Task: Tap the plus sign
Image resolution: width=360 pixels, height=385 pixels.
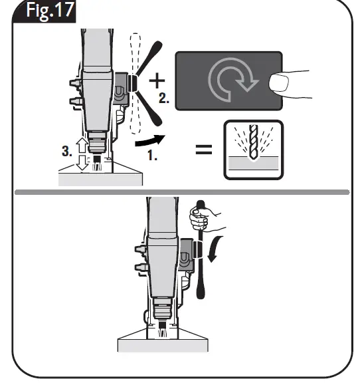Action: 157,82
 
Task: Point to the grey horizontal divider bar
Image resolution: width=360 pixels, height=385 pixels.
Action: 179,192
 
